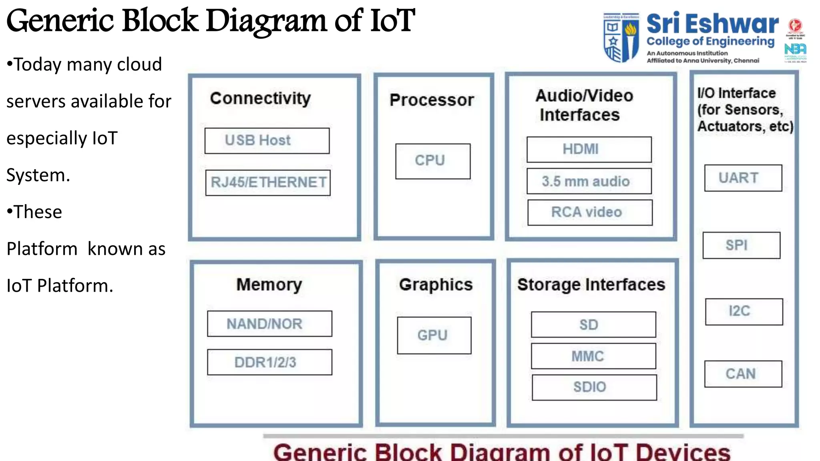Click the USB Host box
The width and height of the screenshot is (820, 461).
tap(267, 141)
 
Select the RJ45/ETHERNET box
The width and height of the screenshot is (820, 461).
tap(268, 182)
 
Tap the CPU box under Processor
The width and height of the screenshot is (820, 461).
tap(432, 161)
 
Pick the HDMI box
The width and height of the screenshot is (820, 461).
tap(589, 149)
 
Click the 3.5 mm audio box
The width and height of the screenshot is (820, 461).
tap(589, 181)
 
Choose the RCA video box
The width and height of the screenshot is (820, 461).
tap(589, 212)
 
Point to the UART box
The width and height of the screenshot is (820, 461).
tap(743, 178)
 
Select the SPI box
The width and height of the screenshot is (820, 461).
tap(741, 245)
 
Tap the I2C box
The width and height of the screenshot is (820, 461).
tap(744, 311)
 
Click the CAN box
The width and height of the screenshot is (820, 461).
tap(743, 374)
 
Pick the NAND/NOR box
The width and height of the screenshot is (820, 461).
tap(269, 324)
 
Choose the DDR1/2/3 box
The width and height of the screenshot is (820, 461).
tap(269, 362)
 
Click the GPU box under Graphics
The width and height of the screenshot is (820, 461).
tap(434, 335)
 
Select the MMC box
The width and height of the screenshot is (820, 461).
tap(593, 356)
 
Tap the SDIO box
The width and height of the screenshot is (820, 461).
tap(594, 387)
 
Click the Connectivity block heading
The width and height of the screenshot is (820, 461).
tap(260, 98)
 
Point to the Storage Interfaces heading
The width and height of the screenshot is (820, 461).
tap(591, 285)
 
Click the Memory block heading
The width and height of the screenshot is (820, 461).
tap(269, 285)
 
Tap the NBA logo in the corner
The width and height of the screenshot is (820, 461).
tap(795, 50)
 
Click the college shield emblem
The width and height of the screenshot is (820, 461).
tap(621, 38)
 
